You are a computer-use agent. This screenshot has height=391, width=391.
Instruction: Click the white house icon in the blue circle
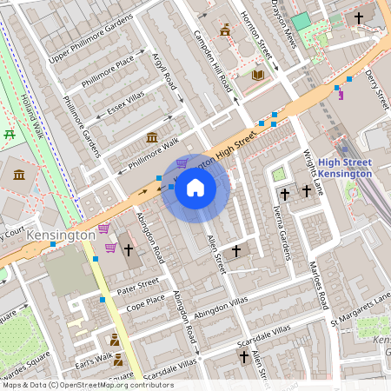click(195, 188)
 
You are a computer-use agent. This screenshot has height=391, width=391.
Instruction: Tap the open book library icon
click(257, 76)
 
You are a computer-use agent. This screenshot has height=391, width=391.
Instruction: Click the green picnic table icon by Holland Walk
click(10, 134)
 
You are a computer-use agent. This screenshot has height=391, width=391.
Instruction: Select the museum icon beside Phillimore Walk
click(152, 138)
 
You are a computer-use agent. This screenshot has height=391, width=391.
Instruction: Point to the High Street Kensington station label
click(345, 168)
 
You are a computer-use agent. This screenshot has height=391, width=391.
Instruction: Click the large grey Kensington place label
click(60, 235)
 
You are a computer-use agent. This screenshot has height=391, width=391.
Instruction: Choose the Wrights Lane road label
click(314, 173)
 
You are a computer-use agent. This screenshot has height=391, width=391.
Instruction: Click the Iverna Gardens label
click(282, 236)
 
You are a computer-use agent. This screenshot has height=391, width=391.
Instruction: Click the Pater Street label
click(137, 283)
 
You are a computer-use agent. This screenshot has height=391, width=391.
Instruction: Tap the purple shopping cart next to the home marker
click(182, 162)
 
